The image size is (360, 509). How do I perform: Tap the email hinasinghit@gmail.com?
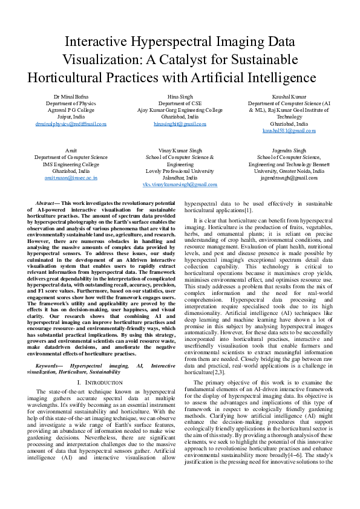[x=180, y=123]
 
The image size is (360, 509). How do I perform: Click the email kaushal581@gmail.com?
[x=289, y=131]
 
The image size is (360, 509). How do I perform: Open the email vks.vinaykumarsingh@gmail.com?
[x=180, y=185]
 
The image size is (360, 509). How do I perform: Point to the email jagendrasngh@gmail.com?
[x=289, y=178]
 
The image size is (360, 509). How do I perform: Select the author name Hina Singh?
[x=180, y=96]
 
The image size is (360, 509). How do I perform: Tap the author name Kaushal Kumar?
[x=289, y=96]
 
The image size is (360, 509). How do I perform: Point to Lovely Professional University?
[x=180, y=171]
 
